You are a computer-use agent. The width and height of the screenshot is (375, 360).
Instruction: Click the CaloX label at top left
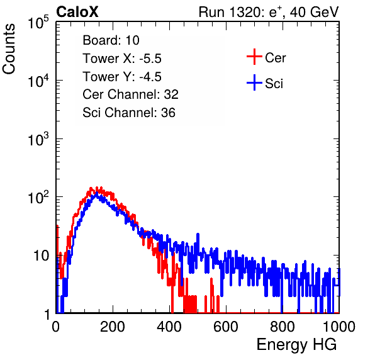pyautogui.click(x=77, y=12)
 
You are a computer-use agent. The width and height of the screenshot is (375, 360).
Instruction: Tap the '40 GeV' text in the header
pyautogui.click(x=314, y=12)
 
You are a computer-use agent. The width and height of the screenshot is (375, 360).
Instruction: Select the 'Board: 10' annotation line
pyautogui.click(x=111, y=40)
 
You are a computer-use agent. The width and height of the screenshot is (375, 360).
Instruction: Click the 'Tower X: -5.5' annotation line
pyautogui.click(x=122, y=59)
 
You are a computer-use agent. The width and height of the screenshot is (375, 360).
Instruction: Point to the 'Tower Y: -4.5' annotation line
pyautogui.click(x=122, y=77)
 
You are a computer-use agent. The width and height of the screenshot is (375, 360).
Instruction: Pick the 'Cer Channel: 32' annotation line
pyautogui.click(x=131, y=94)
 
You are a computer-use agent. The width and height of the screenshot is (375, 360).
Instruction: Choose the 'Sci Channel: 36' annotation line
pyautogui.click(x=129, y=113)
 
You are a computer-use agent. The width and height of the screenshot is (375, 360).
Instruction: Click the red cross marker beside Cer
pyautogui.click(x=254, y=57)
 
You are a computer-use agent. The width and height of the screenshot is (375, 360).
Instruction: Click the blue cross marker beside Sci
pyautogui.click(x=254, y=83)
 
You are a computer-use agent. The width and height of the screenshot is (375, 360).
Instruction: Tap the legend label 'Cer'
pyautogui.click(x=275, y=58)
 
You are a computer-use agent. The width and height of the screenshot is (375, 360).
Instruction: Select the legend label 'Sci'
pyautogui.click(x=274, y=84)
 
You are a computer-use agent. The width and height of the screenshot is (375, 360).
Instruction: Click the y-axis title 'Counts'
pyautogui.click(x=9, y=49)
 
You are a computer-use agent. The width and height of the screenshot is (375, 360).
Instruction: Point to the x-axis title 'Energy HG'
pyautogui.click(x=296, y=345)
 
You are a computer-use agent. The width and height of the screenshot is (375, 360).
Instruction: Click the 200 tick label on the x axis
pyautogui.click(x=113, y=327)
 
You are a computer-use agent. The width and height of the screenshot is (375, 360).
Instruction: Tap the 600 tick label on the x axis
pyautogui.click(x=226, y=327)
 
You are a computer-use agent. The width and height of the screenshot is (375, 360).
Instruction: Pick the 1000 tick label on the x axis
pyautogui.click(x=339, y=327)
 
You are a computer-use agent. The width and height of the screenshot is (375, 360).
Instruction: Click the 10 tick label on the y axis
pyautogui.click(x=41, y=256)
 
